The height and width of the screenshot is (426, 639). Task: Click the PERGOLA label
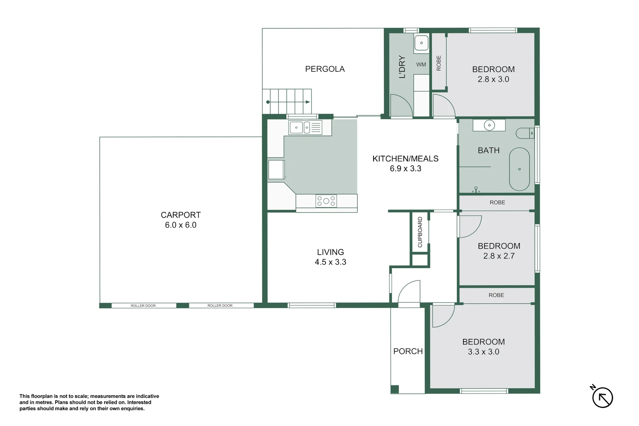click(325, 69)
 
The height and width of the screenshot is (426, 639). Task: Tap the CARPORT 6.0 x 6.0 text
click(181, 220)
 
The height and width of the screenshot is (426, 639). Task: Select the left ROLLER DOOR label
click(143, 306)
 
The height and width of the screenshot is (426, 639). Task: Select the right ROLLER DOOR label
click(220, 306)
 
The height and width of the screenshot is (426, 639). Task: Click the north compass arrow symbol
click(602, 397)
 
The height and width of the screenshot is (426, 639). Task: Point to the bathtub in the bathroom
click(519, 169)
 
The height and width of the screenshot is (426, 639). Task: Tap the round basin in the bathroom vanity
click(489, 125)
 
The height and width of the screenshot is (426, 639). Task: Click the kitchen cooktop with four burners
click(326, 201)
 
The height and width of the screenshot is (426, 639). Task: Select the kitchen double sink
click(305, 127)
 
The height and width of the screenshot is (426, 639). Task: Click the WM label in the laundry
click(421, 65)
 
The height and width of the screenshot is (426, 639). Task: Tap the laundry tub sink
click(421, 43)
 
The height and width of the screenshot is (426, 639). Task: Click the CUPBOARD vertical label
click(420, 232)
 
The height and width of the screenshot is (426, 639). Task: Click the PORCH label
click(408, 351)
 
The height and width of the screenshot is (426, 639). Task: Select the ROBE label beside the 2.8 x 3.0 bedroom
click(439, 63)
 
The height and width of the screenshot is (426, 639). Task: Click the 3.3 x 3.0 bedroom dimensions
click(483, 352)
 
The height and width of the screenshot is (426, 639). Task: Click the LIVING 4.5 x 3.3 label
click(330, 257)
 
